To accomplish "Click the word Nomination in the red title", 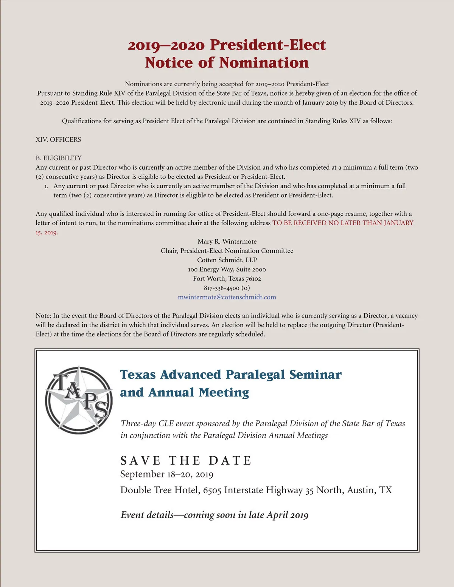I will coord(264,63).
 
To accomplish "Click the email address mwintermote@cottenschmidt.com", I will coord(227,297).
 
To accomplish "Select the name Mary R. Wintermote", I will coord(227,242).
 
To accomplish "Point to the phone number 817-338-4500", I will coord(222,288).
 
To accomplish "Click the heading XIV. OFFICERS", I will coord(58,139).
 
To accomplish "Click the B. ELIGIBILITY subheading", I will coord(59,158).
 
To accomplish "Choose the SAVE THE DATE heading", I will coord(186,460).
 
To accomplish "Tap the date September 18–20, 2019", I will coord(167,474).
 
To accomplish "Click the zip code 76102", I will coord(253,279).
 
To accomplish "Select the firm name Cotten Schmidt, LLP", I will coord(227,260).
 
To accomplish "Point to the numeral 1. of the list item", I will coord(47,186).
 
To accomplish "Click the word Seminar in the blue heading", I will coord(315,375).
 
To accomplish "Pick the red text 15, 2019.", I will coord(47,232).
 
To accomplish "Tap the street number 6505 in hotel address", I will coord(212,490).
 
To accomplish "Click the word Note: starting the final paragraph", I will coord(43,316).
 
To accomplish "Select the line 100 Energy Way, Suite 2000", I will coord(227,269).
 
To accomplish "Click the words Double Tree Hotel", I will coord(160,490).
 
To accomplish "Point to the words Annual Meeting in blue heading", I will coord(199,393).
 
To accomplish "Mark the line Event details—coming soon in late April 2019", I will coord(215,515).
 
